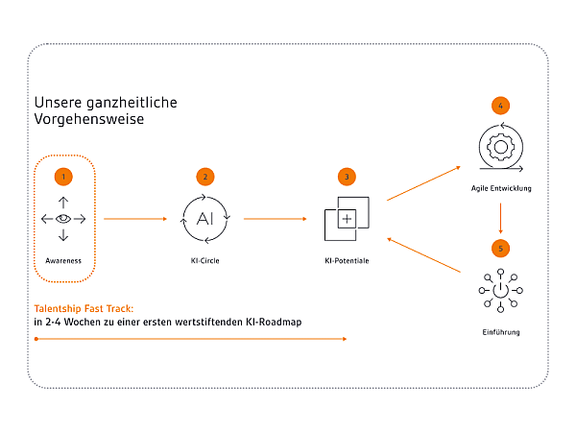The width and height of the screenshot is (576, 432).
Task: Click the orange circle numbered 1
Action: (x=63, y=177)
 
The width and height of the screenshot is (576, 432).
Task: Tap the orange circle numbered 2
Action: (x=205, y=177)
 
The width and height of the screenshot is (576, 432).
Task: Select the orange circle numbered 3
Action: (x=347, y=177)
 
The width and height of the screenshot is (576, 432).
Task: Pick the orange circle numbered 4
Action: (x=501, y=106)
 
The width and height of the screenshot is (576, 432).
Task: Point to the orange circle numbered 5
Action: (x=501, y=249)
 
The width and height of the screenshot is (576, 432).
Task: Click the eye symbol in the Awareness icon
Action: (x=63, y=219)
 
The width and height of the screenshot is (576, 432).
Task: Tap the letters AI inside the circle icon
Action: (x=205, y=219)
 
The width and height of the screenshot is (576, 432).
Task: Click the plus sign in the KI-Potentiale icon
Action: (x=347, y=219)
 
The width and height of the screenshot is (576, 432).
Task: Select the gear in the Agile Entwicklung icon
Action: (x=501, y=147)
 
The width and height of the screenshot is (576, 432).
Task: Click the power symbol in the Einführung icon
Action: (x=501, y=290)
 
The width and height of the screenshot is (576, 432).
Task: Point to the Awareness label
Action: (x=63, y=261)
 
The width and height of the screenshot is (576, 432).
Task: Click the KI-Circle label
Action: (x=205, y=261)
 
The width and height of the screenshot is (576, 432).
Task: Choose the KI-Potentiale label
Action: (x=347, y=261)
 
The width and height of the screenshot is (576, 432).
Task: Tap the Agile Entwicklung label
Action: (x=501, y=188)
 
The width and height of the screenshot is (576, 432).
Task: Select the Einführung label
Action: (x=501, y=332)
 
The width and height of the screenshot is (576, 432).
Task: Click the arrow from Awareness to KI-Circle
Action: (x=135, y=219)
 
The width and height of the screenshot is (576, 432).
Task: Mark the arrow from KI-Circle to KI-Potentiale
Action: (x=276, y=219)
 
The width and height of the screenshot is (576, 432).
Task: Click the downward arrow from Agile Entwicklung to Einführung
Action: (x=501, y=218)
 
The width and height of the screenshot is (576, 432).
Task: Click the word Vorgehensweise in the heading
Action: (x=89, y=119)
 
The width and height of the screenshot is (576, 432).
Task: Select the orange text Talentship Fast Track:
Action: (x=84, y=308)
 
